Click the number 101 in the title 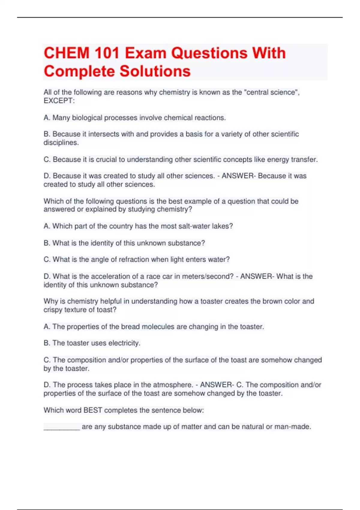pyautogui.click(x=107, y=53)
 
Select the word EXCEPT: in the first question pyautogui.click(x=59, y=101)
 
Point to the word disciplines pyautogui.click(x=61, y=142)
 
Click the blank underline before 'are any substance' pyautogui.click(x=61, y=427)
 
